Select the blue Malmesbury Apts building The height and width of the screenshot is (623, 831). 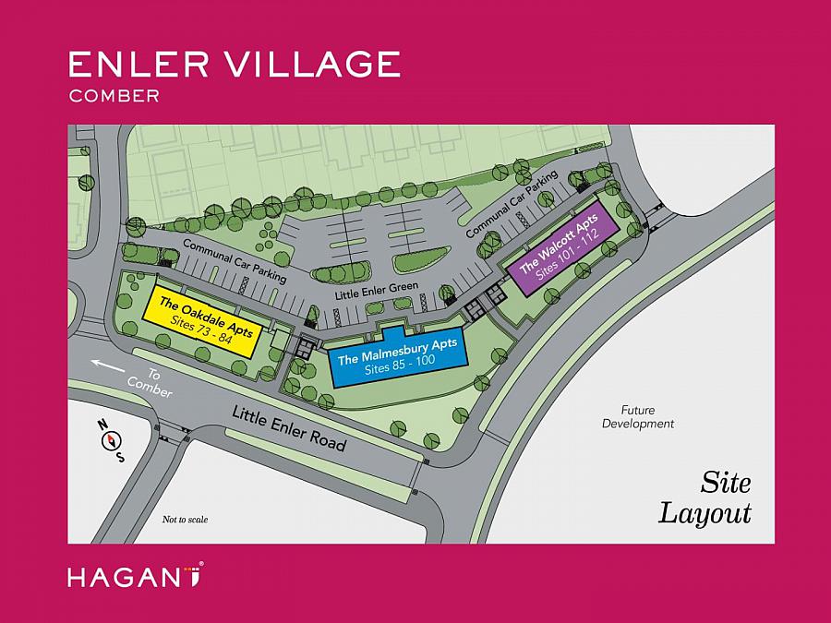pos(396,356)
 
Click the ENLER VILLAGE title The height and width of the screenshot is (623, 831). pos(234,64)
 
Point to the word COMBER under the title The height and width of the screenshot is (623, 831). pos(114,94)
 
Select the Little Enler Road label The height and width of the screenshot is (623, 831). pos(289,429)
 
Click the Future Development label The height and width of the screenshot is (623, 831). pos(638,416)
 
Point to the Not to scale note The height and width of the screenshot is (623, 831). pos(185,520)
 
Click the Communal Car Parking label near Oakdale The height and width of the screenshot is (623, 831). pos(235,260)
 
